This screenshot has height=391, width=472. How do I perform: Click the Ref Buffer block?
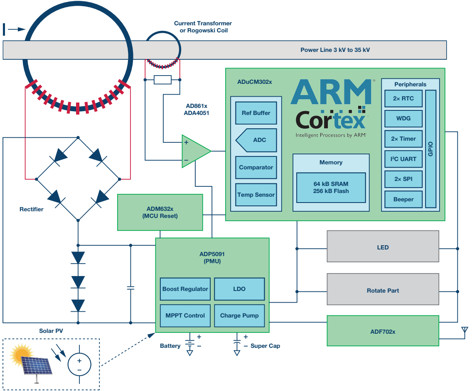256,113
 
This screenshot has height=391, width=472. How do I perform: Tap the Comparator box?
256,168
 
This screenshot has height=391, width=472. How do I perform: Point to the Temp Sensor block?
256,195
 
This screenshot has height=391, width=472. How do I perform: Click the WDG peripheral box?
403,119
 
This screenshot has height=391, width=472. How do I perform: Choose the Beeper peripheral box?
403,200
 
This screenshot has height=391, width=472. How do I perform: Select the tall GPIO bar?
431,149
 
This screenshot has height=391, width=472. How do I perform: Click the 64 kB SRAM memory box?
331,188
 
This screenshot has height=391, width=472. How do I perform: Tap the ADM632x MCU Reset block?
160,212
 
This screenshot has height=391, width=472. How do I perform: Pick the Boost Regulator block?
185,289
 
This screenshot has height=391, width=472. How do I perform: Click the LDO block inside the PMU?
239,289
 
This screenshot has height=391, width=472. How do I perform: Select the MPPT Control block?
185,315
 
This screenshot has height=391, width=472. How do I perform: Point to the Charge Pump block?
239,315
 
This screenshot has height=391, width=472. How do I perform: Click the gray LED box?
383,247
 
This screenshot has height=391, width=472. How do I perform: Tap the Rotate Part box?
383,291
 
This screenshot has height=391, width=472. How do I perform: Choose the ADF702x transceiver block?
383,332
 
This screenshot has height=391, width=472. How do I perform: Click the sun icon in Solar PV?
22,354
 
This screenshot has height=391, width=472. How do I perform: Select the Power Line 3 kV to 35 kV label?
335,50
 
